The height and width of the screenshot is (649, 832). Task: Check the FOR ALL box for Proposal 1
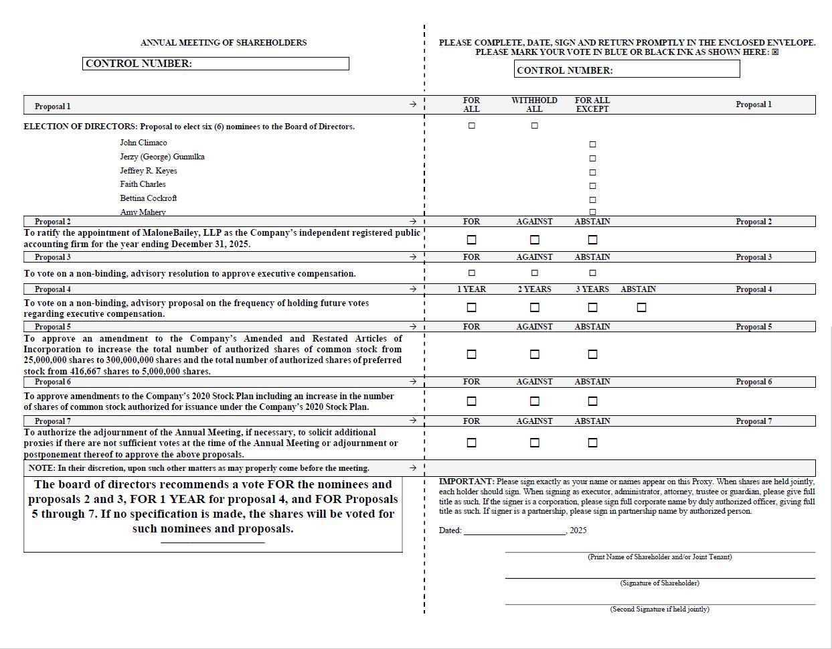point(471,126)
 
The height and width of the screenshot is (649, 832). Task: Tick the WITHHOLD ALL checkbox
point(534,126)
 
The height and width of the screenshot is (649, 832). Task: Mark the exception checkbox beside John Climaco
point(592,144)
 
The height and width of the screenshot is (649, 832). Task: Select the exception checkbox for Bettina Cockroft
point(592,200)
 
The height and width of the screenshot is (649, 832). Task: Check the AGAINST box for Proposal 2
point(534,240)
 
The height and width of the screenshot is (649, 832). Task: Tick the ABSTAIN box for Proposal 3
point(592,273)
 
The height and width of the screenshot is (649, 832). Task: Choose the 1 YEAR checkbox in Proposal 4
point(471,307)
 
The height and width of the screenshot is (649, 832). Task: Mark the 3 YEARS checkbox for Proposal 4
point(592,307)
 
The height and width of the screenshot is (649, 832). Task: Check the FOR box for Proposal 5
point(471,354)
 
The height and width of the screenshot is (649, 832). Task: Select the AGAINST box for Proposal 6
point(534,401)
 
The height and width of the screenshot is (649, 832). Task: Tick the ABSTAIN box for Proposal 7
point(592,443)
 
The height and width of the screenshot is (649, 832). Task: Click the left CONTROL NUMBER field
point(268,64)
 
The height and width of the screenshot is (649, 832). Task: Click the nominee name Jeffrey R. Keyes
point(149,171)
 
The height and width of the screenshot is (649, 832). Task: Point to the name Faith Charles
point(143,184)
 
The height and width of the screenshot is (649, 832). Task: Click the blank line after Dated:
point(514,530)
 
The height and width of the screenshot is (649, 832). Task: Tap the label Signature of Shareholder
point(659,583)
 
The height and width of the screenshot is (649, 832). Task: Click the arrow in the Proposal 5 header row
point(412,327)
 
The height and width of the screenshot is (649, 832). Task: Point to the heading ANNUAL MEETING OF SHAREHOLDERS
point(224,43)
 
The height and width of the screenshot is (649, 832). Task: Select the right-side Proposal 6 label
point(754,382)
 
